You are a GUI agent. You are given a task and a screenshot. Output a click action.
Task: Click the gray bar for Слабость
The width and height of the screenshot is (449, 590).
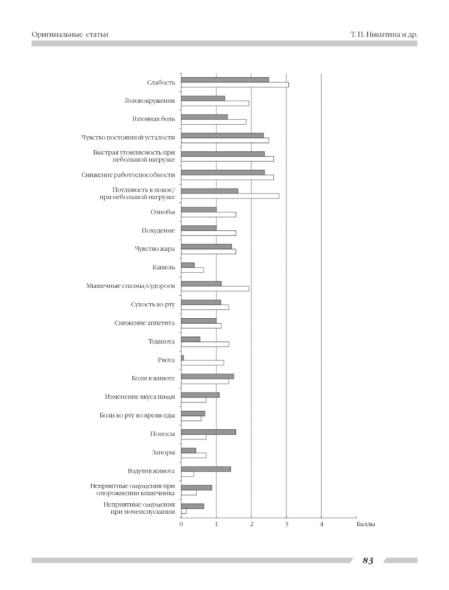pyautogui.click(x=225, y=80)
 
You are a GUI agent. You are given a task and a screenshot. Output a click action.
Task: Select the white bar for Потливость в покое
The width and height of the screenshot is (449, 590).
pyautogui.click(x=230, y=196)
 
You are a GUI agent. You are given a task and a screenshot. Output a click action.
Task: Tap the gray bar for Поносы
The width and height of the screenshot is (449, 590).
pyautogui.click(x=209, y=432)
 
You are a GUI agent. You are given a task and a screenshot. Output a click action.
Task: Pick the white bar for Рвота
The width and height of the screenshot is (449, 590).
pyautogui.click(x=203, y=363)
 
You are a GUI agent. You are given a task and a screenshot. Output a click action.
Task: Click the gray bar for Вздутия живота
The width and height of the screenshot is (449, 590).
pyautogui.click(x=206, y=469)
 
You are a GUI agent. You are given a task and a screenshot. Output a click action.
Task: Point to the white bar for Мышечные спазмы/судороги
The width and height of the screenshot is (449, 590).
pyautogui.click(x=215, y=289)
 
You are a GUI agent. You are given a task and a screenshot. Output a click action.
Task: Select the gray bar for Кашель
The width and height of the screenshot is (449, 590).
pyautogui.click(x=188, y=265)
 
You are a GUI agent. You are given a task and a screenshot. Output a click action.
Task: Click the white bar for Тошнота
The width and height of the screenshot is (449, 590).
pyautogui.click(x=205, y=344)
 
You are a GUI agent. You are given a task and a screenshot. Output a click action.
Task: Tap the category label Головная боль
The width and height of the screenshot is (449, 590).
pyautogui.click(x=154, y=119)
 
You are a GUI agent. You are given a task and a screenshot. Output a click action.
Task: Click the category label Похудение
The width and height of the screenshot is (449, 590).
pyautogui.click(x=158, y=230)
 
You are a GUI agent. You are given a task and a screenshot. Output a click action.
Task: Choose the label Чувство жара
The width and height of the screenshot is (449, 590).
pyautogui.click(x=155, y=249)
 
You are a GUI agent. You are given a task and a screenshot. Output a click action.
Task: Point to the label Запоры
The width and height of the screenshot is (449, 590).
pyautogui.click(x=163, y=452)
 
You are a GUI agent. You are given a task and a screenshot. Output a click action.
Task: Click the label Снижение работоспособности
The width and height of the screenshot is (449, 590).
pyautogui.click(x=128, y=175)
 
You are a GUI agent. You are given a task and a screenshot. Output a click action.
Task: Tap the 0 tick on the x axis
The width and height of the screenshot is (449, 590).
pyautogui.click(x=181, y=525)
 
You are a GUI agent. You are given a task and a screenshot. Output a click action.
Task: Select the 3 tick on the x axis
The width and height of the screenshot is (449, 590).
pyautogui.click(x=286, y=525)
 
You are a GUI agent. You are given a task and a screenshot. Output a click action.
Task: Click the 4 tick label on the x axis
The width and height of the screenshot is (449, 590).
pyautogui.click(x=321, y=525)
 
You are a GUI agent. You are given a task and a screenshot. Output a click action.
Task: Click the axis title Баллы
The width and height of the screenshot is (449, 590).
pyautogui.click(x=366, y=525)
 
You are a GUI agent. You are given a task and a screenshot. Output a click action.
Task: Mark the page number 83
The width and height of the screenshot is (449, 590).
pyautogui.click(x=368, y=561)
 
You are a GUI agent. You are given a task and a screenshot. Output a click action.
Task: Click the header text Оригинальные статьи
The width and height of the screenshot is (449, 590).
pyautogui.click(x=70, y=34)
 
